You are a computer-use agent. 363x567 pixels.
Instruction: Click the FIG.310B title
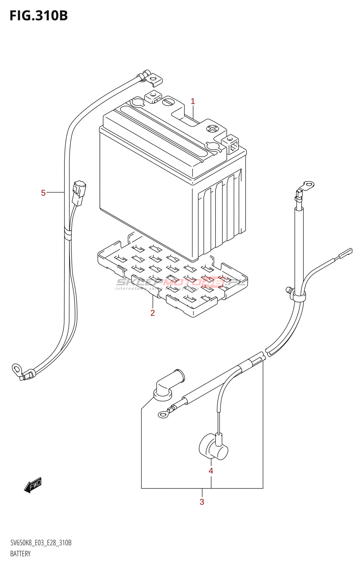(x=39, y=16)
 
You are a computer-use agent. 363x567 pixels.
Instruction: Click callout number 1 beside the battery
(x=193, y=101)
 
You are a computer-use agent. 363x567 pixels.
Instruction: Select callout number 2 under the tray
(x=152, y=313)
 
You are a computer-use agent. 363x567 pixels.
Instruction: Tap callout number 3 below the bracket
(x=202, y=502)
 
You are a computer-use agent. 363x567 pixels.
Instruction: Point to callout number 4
(x=211, y=471)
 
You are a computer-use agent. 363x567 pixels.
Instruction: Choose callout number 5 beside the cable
(x=43, y=193)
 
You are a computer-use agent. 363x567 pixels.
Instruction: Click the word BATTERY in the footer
(x=20, y=554)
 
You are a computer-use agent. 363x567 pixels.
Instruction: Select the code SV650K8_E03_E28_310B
(x=41, y=543)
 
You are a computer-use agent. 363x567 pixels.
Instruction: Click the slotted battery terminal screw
(x=168, y=102)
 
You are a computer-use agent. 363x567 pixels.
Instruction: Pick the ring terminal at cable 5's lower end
(x=16, y=369)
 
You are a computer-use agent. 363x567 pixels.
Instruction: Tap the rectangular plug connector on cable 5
(x=78, y=193)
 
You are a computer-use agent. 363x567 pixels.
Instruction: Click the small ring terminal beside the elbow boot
(x=163, y=414)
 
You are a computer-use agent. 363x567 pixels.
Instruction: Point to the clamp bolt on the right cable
(x=289, y=291)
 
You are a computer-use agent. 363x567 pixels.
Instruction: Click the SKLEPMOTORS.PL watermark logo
(x=181, y=282)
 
